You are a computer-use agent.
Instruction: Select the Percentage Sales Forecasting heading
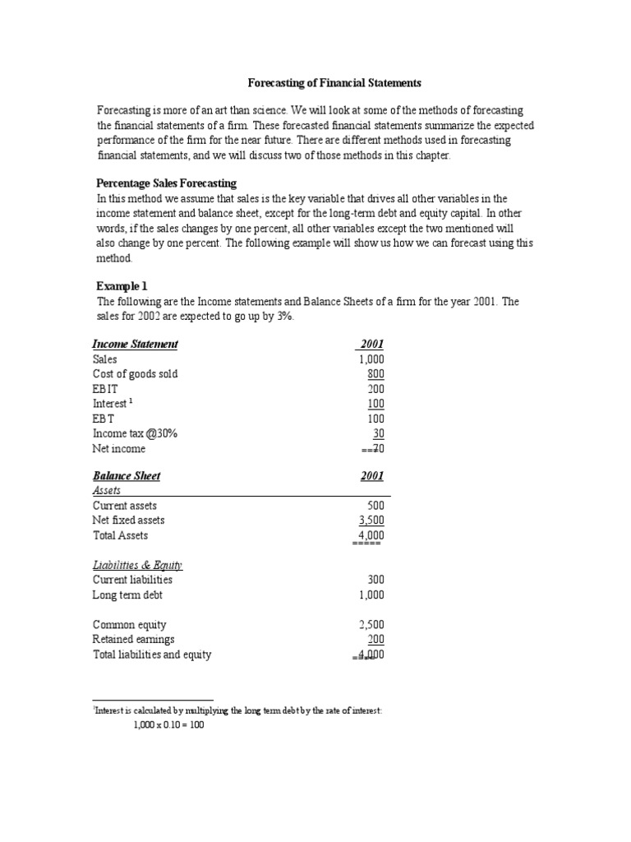pyautogui.click(x=167, y=183)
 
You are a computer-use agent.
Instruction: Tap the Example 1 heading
pyautogui.click(x=122, y=285)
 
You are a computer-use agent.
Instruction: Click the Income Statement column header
pyautogui.click(x=136, y=344)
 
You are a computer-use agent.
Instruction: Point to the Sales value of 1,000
pyautogui.click(x=371, y=359)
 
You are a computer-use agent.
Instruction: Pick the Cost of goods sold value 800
pyautogui.click(x=375, y=374)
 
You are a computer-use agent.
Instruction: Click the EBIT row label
pyautogui.click(x=106, y=389)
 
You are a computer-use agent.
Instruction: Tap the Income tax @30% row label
pyautogui.click(x=135, y=433)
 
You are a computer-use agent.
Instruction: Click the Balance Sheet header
pyautogui.click(x=127, y=475)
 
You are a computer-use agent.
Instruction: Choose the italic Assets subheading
pyautogui.click(x=107, y=490)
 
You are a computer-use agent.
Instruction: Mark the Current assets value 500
pyautogui.click(x=375, y=506)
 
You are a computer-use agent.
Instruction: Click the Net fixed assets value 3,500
pyautogui.click(x=371, y=520)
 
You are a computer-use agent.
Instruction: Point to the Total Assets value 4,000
pyautogui.click(x=371, y=535)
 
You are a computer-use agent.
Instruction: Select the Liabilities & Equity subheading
pyautogui.click(x=137, y=565)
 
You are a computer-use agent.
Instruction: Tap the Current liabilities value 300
pyautogui.click(x=375, y=580)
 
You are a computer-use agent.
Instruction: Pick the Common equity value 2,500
pyautogui.click(x=371, y=624)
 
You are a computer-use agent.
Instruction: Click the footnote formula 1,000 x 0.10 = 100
pyautogui.click(x=168, y=726)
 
